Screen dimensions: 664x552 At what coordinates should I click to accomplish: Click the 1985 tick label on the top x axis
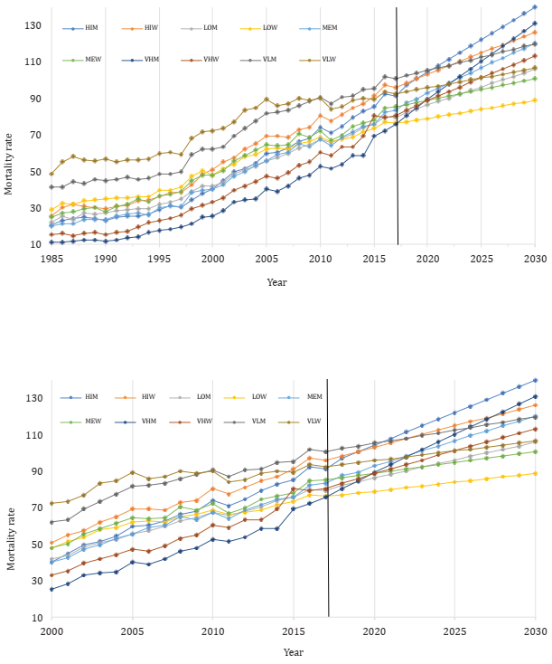coord(51,259)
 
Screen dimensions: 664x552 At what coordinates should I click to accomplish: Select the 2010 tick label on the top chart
coord(321,259)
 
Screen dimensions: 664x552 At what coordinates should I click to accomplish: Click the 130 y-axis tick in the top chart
coord(35,24)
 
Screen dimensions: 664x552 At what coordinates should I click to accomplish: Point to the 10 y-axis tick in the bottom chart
coord(38,617)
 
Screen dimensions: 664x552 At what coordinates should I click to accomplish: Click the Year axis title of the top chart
coord(277,281)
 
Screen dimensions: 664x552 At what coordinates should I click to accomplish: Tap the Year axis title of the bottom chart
coord(294,651)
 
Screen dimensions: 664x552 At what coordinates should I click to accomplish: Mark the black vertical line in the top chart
coord(397,136)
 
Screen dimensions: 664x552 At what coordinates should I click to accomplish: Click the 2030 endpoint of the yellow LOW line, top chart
coord(536,100)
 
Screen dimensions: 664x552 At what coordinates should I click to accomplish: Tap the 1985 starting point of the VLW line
coord(51,173)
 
